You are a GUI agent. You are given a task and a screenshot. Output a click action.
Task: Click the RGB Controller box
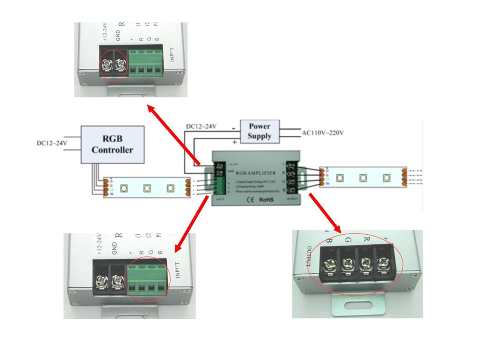pos(112,144)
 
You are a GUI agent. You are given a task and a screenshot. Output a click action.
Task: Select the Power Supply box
pos(259,131)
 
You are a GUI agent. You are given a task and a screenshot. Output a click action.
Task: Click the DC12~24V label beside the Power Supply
pos(201,127)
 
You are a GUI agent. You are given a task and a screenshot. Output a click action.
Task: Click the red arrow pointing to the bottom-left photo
pos(191,224)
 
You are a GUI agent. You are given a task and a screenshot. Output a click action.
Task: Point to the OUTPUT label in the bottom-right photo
pos(309,255)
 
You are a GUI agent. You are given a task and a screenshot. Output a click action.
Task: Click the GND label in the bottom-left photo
pos(115,247)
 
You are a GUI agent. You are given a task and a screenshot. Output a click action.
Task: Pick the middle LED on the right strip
pos(363,178)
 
